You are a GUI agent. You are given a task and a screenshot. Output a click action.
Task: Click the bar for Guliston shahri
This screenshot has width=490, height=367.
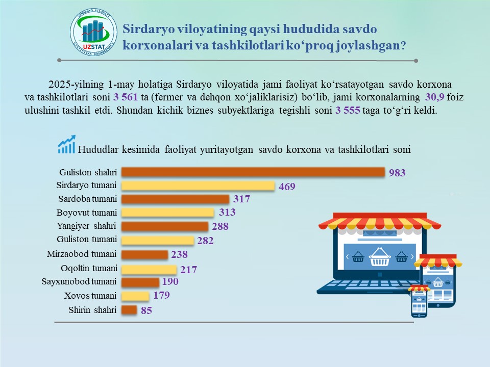click(x=253, y=172)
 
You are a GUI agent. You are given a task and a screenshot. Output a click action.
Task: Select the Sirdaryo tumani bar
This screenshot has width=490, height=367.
click(x=198, y=186)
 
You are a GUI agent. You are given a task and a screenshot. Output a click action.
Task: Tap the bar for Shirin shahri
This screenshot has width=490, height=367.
click(x=129, y=310)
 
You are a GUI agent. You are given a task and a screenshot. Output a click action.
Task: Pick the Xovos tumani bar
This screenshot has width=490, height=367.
click(x=135, y=296)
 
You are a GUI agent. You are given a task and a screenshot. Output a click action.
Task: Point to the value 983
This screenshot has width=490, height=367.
click(x=397, y=173)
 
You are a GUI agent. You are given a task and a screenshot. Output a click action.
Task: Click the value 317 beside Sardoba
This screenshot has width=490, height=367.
click(x=241, y=199)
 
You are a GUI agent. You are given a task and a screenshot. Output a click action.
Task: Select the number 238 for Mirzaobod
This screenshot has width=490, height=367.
click(x=179, y=254)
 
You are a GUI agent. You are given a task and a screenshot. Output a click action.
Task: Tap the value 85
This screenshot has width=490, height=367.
click(x=146, y=310)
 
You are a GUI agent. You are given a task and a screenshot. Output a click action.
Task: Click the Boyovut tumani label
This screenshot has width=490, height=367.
click(x=87, y=213)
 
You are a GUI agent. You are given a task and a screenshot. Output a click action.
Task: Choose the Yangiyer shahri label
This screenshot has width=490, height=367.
click(x=86, y=226)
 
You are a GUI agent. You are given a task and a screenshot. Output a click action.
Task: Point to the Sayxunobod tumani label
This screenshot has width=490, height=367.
click(x=79, y=281)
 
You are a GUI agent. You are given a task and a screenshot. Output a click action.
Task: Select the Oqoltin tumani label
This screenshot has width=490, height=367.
click(x=89, y=269)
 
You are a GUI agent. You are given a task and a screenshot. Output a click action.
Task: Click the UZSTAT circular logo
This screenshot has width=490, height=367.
click(x=93, y=32)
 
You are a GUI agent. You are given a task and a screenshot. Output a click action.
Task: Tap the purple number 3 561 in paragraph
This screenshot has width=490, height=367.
click(x=126, y=97)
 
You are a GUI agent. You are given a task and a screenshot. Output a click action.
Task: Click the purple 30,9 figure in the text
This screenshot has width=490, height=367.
click(x=435, y=97)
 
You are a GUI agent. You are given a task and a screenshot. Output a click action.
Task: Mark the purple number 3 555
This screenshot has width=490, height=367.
click(x=348, y=110)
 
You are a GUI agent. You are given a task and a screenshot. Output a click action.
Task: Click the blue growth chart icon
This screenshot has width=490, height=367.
click(x=66, y=144)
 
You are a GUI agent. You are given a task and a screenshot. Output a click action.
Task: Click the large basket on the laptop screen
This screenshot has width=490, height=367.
click(x=380, y=257)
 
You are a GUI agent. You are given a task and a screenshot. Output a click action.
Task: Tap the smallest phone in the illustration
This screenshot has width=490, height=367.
click(x=419, y=301)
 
